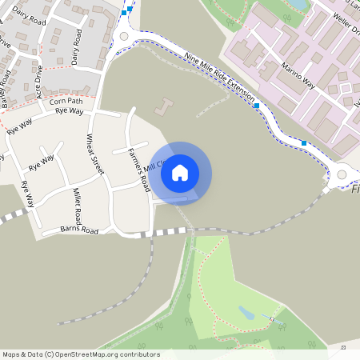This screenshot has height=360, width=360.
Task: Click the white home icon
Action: click(x=180, y=172)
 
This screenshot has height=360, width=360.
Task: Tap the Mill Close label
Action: click(x=154, y=167)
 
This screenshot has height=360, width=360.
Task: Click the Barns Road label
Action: click(x=79, y=230)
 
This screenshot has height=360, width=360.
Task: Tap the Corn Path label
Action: click(x=66, y=102)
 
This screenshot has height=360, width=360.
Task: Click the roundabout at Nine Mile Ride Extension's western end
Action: click(x=123, y=36)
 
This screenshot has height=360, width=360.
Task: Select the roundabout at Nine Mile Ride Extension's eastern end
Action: click(x=343, y=174)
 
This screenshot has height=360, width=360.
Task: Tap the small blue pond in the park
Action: click(x=247, y=314)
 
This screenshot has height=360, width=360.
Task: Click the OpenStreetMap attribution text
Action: click(x=80, y=354)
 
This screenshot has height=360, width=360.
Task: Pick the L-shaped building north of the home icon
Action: click(x=164, y=106)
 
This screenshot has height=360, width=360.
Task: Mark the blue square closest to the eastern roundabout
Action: click(x=304, y=143)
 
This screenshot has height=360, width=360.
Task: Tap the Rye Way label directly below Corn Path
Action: click(x=70, y=111)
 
